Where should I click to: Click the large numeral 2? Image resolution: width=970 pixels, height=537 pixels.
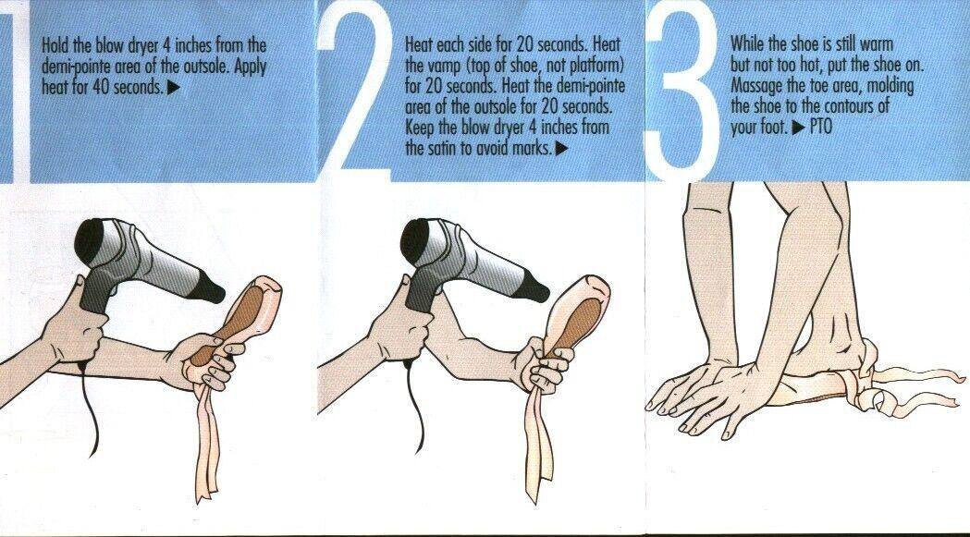coord(355,92)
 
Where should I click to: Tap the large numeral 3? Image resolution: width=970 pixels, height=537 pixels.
coord(681,92)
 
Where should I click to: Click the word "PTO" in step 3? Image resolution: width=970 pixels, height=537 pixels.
coord(820,128)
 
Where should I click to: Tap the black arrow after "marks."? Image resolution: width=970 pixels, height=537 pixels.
coord(561,149)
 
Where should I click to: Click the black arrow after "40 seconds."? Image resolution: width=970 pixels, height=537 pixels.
coord(174,87)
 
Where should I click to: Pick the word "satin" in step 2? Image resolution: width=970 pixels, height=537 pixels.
coord(442,149)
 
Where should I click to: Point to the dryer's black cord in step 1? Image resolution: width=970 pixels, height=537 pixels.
coord(92,409)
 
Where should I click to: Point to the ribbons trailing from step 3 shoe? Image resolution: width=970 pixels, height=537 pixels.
coord(909,386)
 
